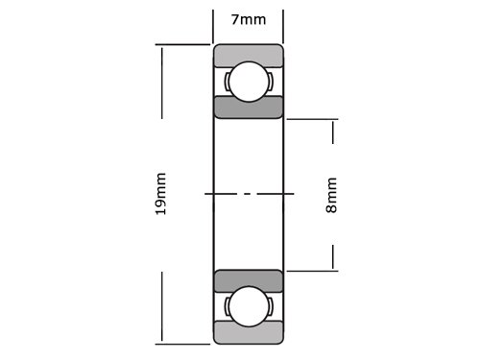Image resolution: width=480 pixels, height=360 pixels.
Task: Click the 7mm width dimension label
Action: tap(249, 20)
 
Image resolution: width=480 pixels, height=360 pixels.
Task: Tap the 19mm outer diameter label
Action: tap(160, 194)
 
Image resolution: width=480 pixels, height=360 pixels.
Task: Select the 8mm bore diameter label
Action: tap(331, 195)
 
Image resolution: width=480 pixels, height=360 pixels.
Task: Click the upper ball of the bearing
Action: tap(249, 82)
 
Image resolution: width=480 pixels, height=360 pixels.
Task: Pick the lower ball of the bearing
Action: tap(249, 306)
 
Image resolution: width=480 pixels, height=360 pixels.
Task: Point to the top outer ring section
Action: tap(249, 56)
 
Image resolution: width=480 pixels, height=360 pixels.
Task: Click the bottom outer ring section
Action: tap(249, 332)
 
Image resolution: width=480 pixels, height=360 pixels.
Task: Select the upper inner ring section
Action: tap(249, 107)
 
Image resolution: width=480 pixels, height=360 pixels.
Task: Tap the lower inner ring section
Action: tap(249, 281)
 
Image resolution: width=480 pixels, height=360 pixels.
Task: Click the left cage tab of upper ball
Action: tap(227, 82)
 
